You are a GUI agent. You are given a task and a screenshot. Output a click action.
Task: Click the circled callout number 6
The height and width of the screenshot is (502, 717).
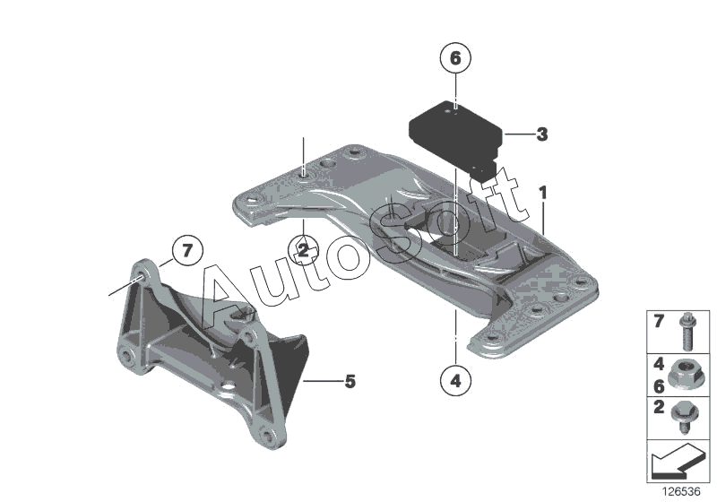click(x=455, y=58)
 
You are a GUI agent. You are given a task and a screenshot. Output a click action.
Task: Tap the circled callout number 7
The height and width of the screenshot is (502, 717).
click(x=187, y=250)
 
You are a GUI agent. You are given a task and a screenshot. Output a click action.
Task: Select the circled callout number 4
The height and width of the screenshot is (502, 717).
click(x=455, y=379)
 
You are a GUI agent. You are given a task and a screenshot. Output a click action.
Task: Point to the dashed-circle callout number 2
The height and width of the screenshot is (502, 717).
click(x=303, y=250)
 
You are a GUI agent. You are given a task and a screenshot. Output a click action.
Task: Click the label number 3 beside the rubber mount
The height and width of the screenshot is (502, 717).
click(x=542, y=134)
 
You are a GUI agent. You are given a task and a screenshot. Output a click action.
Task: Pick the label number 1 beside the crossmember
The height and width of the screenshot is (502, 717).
click(x=543, y=193)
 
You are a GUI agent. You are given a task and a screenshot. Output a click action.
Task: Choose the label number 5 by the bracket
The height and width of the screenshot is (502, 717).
click(x=350, y=381)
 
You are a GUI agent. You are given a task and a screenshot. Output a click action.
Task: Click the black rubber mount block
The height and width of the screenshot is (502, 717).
click(x=455, y=136)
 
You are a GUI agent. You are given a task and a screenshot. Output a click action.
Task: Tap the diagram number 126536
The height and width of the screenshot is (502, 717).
click(x=681, y=492)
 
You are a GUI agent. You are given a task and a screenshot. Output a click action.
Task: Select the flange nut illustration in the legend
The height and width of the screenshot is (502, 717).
click(x=681, y=375)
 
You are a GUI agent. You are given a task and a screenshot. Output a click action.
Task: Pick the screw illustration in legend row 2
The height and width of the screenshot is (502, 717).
click(x=682, y=417)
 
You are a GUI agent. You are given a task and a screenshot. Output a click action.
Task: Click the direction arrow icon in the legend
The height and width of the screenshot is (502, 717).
click(x=676, y=461)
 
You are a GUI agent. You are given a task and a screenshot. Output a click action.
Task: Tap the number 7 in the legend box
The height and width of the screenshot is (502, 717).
click(x=658, y=322)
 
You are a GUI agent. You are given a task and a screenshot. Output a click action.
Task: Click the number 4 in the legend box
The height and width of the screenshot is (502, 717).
click(x=659, y=364)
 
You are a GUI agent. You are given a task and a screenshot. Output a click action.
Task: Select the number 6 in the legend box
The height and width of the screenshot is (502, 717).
click(x=659, y=386)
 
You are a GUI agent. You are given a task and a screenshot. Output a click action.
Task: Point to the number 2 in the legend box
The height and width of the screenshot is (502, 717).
click(x=659, y=407)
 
